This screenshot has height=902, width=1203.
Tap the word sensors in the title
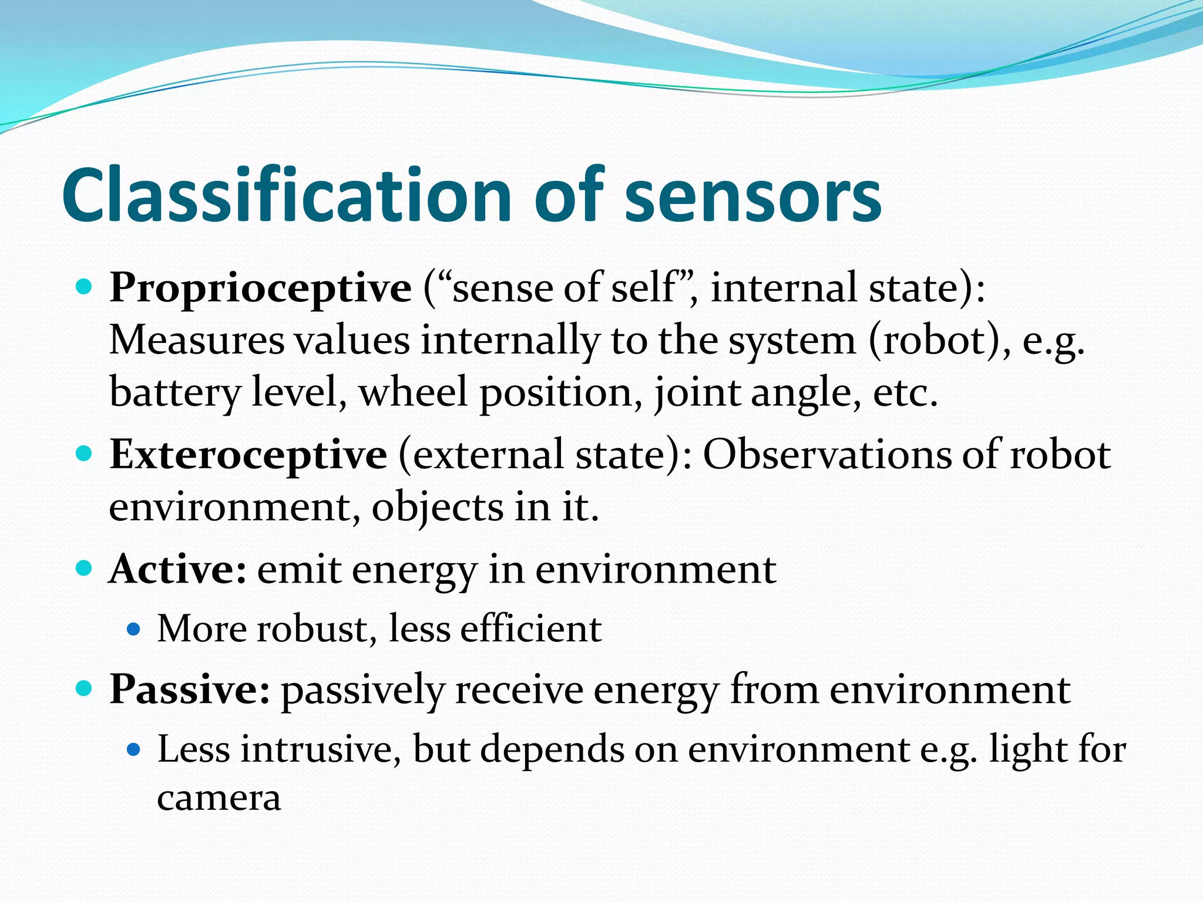[752, 195]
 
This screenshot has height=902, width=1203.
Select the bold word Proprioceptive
[260, 288]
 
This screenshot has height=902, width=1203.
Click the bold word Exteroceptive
[248, 455]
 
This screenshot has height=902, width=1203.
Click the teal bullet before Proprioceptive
[85, 287]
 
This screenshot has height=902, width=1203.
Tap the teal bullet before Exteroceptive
[85, 453]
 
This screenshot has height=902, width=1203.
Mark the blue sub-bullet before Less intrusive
[134, 749]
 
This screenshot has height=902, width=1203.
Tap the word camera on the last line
[219, 799]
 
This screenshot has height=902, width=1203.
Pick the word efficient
[531, 629]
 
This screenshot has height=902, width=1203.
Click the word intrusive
[317, 749]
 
